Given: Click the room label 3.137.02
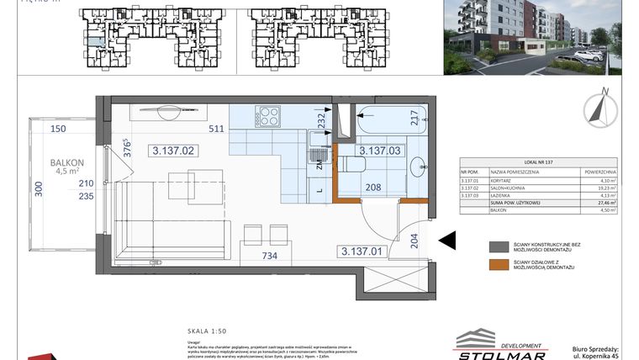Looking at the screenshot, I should click(x=173, y=151).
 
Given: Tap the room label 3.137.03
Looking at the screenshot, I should click(x=378, y=151).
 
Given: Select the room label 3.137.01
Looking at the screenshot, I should click(x=362, y=251).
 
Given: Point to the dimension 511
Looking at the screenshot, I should click(x=216, y=130).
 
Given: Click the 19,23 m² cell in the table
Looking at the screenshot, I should click(x=599, y=186).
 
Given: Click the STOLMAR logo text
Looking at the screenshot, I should click(x=502, y=351).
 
